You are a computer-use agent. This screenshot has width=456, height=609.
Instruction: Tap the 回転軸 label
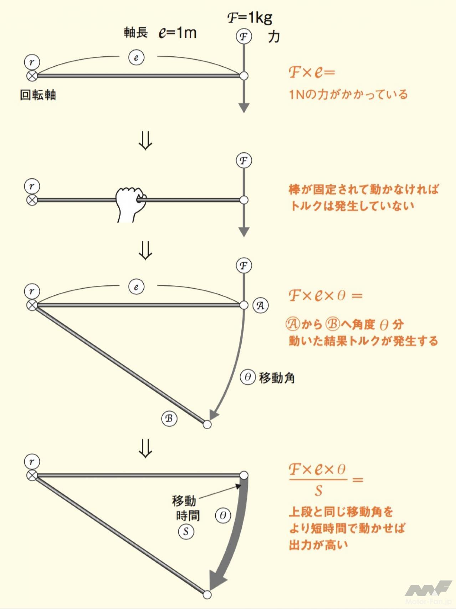[38, 95]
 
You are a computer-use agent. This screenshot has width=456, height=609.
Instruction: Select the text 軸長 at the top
[135, 32]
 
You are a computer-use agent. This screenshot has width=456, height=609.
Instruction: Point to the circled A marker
[261, 305]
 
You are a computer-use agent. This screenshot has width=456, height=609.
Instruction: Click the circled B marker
[169, 418]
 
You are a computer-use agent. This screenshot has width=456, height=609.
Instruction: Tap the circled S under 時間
[186, 532]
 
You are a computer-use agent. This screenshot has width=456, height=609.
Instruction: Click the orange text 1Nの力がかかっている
[348, 95]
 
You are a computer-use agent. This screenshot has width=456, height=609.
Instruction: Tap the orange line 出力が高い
[318, 544]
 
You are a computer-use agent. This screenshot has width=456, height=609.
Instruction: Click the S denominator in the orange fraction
[318, 491]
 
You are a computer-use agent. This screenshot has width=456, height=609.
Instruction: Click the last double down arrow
[145, 448]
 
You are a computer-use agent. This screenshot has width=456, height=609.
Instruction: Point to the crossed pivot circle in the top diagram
[32, 76]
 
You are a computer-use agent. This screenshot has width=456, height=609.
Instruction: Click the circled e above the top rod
[136, 57]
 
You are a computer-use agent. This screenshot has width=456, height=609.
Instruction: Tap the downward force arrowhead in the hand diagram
[244, 232]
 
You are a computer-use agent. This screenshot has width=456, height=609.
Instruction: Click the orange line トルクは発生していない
[352, 205]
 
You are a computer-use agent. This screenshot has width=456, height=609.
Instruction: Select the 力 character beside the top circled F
[274, 37]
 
